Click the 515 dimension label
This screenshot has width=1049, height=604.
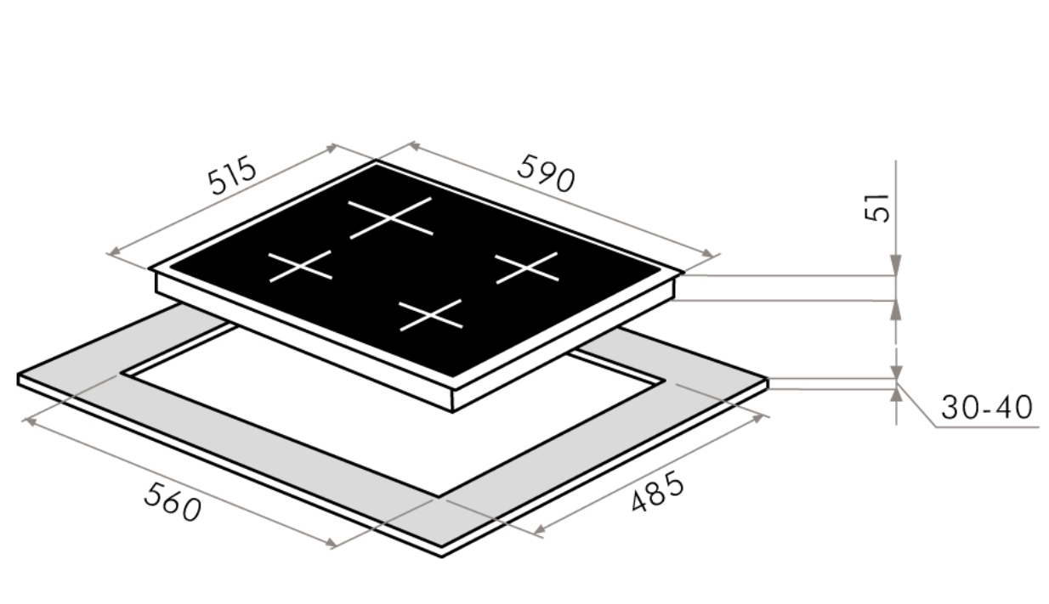click(x=232, y=176)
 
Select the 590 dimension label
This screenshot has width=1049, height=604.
click(x=546, y=173)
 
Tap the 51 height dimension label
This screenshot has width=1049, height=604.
click(x=876, y=207)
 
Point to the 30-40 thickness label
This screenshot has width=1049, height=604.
click(x=986, y=408)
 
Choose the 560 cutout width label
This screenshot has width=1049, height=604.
click(x=173, y=502)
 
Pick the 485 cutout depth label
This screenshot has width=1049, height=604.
click(x=657, y=491)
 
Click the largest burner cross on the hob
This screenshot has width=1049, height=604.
click(x=391, y=218)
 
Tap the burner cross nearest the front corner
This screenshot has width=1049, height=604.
click(x=430, y=315)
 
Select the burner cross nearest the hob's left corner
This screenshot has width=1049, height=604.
click(x=300, y=267)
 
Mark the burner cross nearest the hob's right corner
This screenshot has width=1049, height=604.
click(x=527, y=268)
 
